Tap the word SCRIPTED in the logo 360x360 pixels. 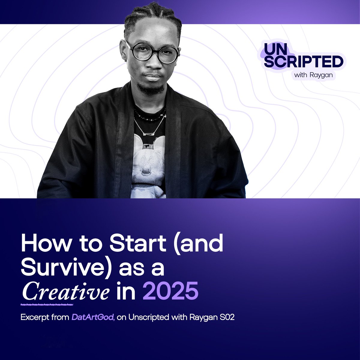(x=303, y=62)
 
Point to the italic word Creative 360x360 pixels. (x=65, y=291)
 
